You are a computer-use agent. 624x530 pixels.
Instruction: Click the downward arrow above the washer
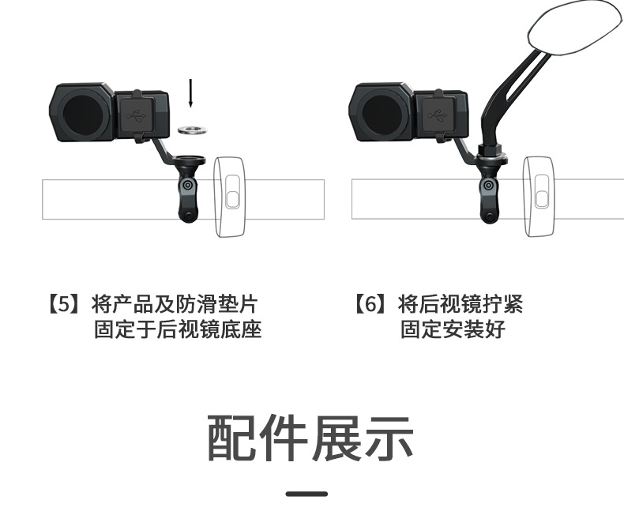point(190,93)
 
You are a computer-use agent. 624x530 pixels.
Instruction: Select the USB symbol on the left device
point(140,117)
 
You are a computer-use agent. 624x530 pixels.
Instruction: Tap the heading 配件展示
point(310,439)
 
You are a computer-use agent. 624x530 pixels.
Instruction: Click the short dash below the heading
point(306,494)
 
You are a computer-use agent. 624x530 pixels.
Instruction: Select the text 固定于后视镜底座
point(178,329)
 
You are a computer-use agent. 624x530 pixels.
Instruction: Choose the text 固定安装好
point(453,329)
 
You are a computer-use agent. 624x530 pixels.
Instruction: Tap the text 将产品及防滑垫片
point(175,305)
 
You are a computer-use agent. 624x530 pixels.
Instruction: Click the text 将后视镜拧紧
point(460,305)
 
